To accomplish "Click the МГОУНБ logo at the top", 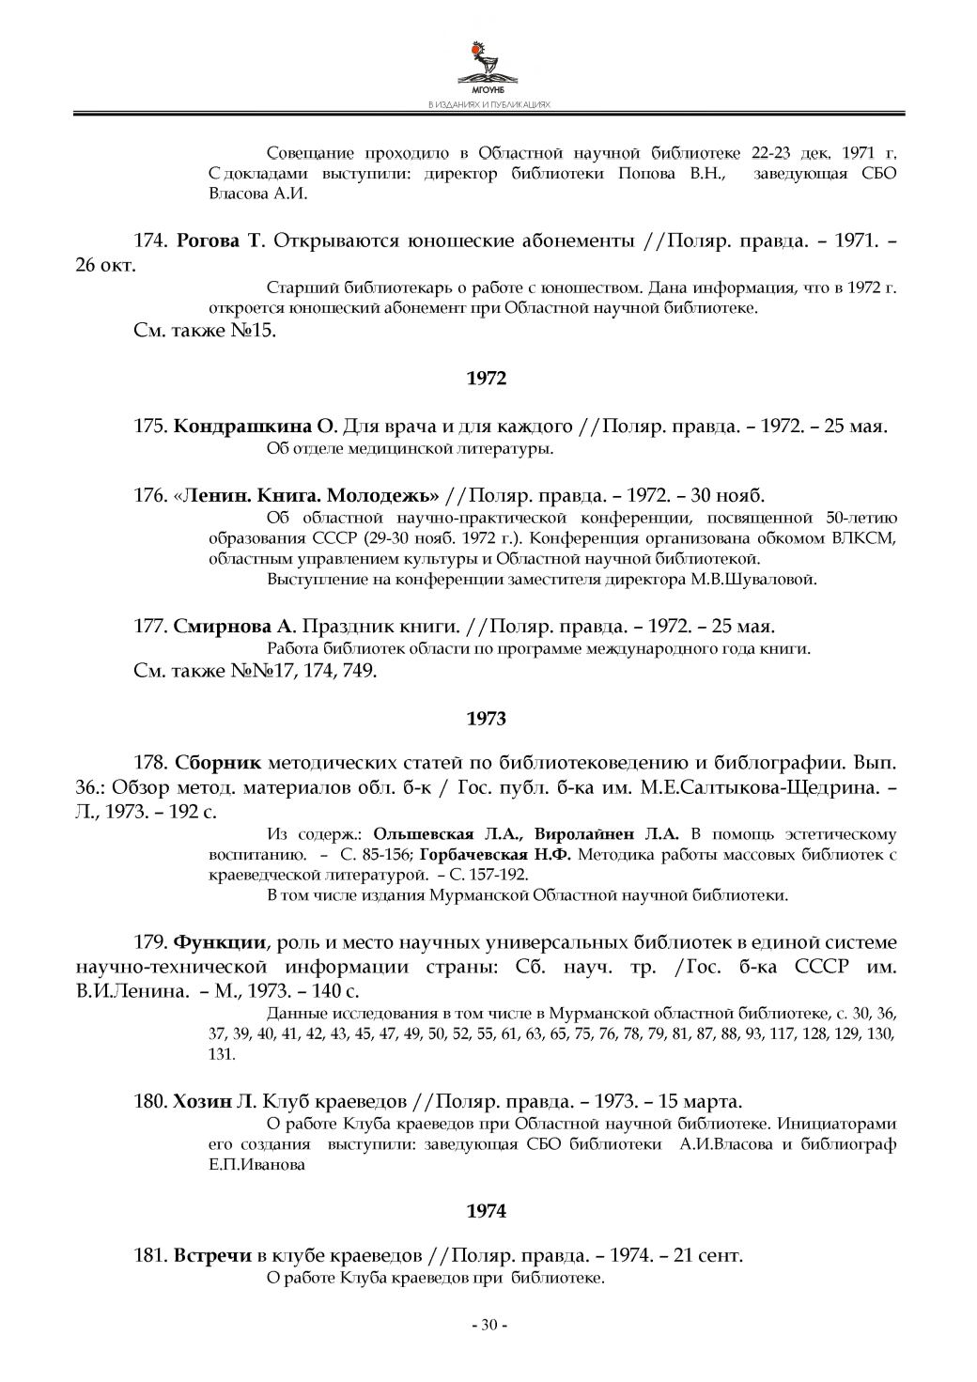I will (x=488, y=64).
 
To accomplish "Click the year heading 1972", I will (x=486, y=379).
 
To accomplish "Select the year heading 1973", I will (x=486, y=719).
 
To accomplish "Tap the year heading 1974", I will (x=486, y=1211).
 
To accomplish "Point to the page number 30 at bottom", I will (x=488, y=1325).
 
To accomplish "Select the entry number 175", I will (x=150, y=427).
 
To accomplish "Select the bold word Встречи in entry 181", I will (x=212, y=1255).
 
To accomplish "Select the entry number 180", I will (x=150, y=1101).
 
